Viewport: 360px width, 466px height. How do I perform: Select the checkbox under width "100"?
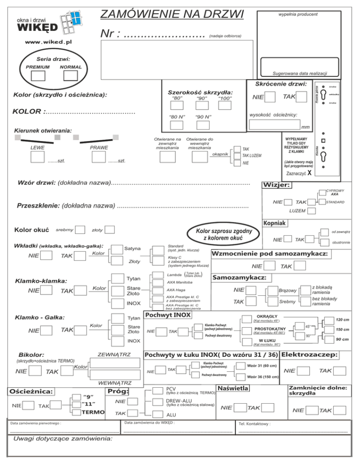point(225,106)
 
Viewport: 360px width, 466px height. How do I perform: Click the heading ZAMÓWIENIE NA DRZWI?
point(172,12)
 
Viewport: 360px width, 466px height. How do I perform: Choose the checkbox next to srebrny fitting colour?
point(80,230)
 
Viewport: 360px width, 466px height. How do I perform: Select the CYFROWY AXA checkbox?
point(320,191)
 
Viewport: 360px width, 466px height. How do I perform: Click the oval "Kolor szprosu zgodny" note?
point(219,234)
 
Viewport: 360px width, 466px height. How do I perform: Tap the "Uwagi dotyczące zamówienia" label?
point(62,438)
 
